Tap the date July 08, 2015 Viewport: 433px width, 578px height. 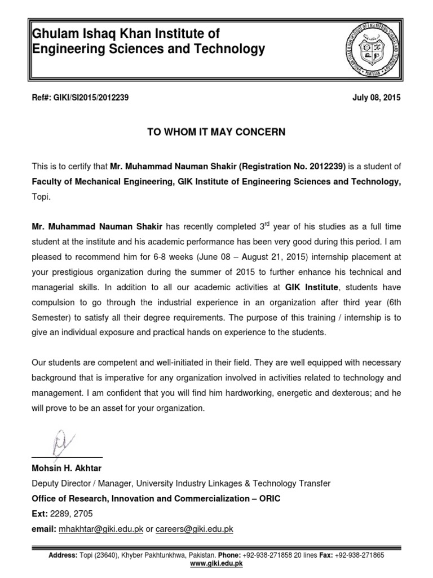377,98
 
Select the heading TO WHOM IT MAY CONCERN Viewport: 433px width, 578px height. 216,132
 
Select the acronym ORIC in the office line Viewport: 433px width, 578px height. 268,498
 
